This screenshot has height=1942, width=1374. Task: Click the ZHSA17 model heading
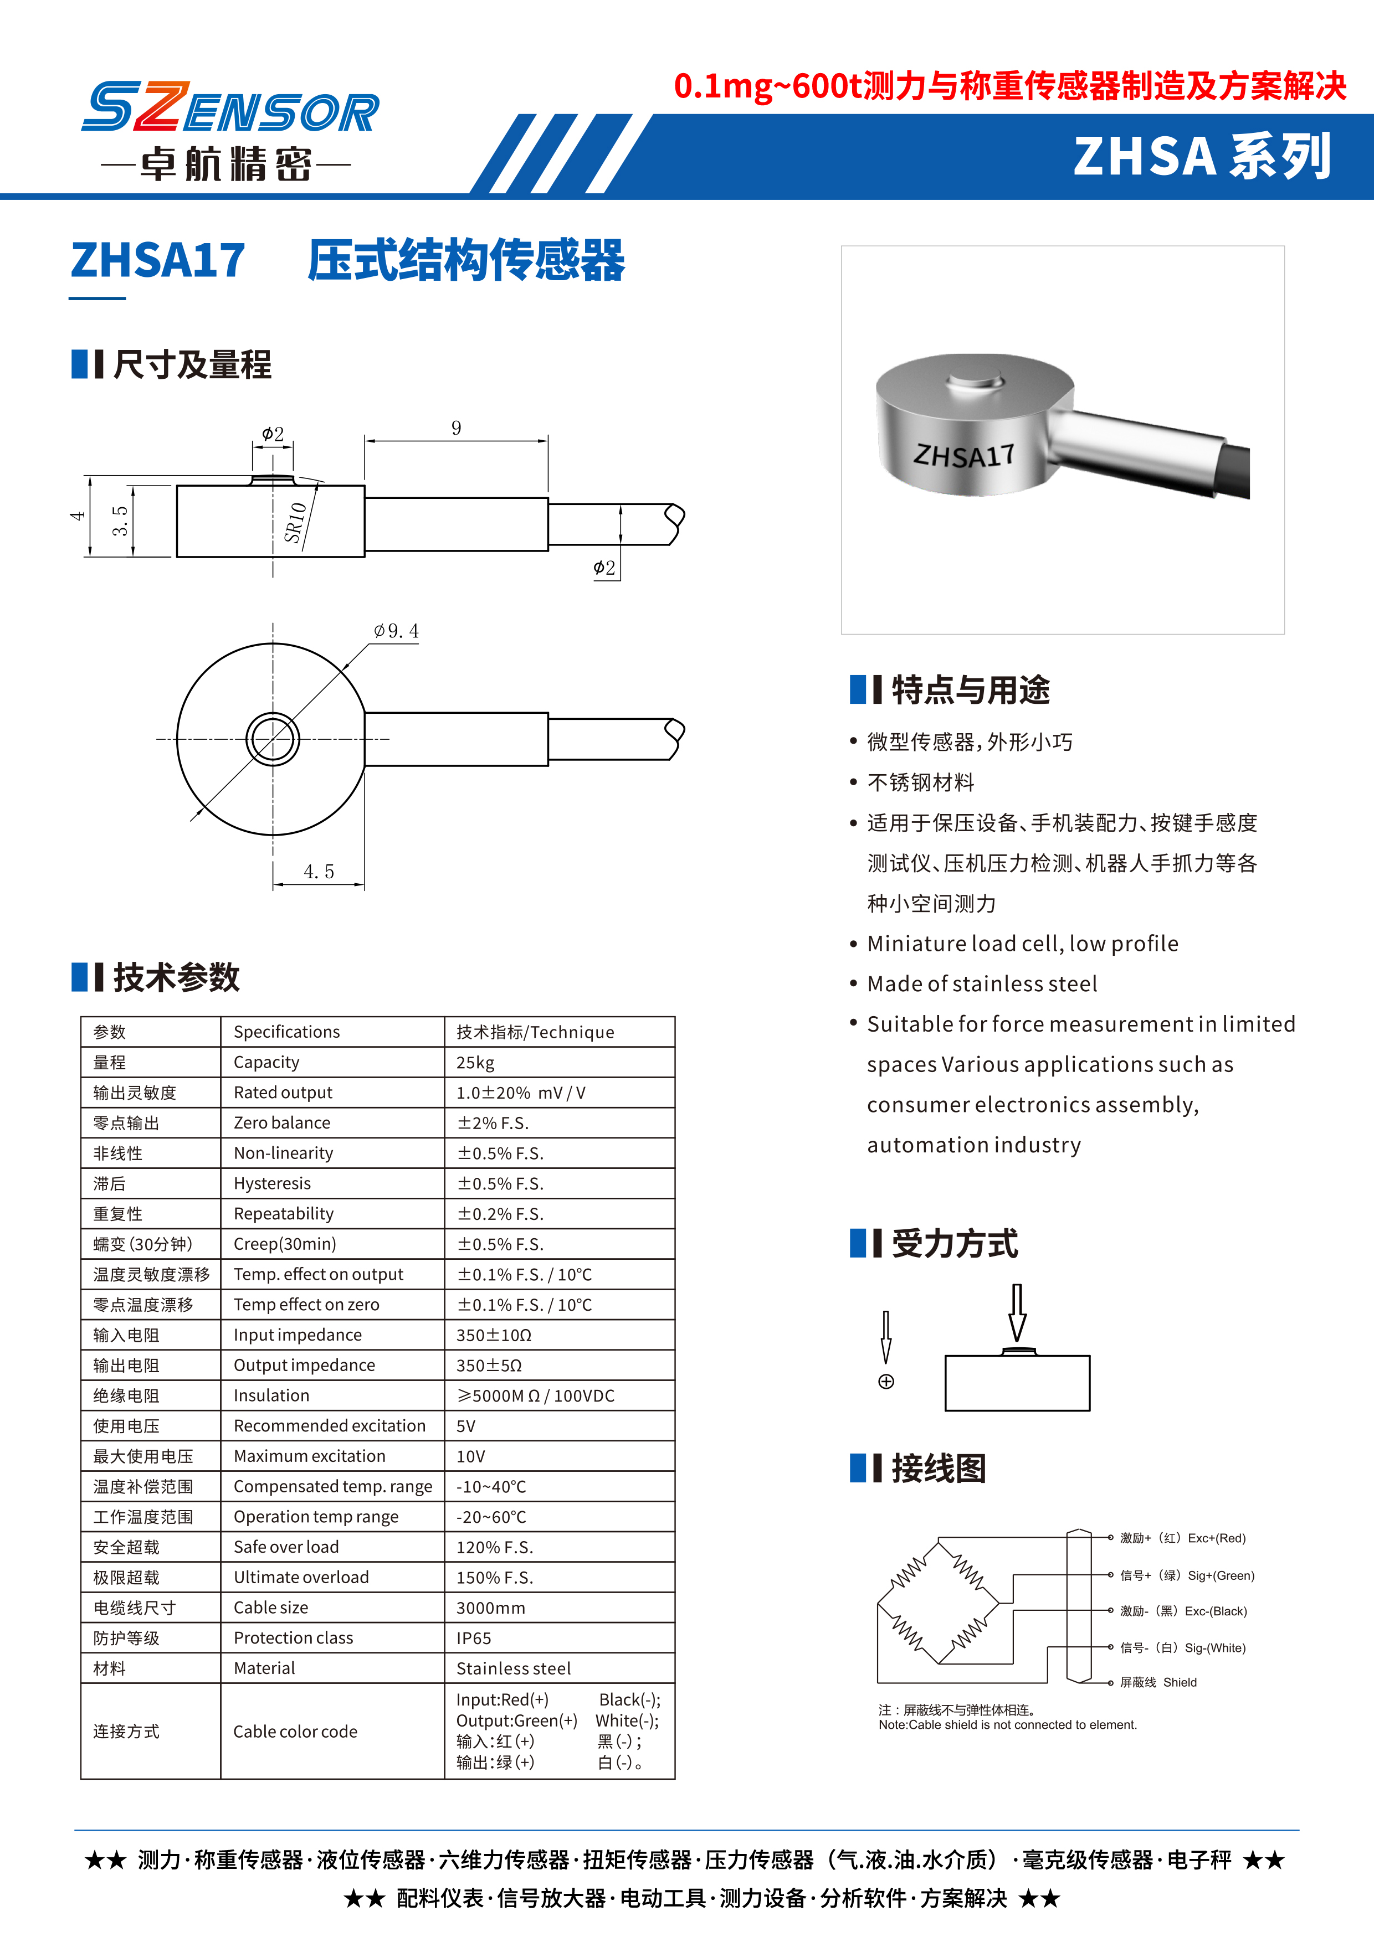pyautogui.click(x=158, y=260)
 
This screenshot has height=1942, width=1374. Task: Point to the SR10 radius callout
pyautogui.click(x=294, y=522)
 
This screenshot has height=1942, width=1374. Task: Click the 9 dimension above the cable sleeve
pyautogui.click(x=456, y=428)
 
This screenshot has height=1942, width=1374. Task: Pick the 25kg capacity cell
pyautogui.click(x=475, y=1062)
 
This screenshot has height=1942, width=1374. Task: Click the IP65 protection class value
pyautogui.click(x=474, y=1639)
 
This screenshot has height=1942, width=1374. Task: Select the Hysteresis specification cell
pyautogui.click(x=273, y=1183)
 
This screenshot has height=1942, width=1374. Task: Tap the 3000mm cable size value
pyautogui.click(x=491, y=1608)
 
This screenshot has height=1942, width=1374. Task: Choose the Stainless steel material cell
pyautogui.click(x=514, y=1669)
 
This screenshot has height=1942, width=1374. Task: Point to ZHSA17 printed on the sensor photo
pyautogui.click(x=963, y=456)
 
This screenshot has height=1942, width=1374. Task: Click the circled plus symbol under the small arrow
pyautogui.click(x=886, y=1381)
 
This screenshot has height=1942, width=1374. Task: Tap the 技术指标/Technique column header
pyautogui.click(x=535, y=1032)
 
